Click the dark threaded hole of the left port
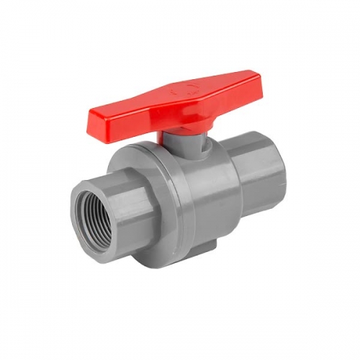pyautogui.click(x=92, y=215)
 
